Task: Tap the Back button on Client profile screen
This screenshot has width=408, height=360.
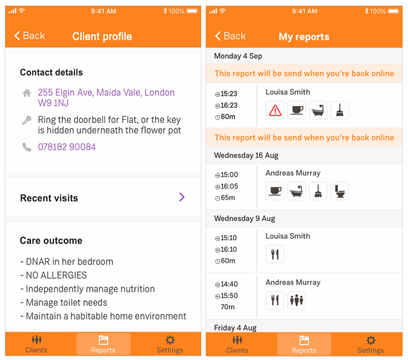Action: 29,35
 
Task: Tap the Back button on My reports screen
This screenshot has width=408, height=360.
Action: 230,36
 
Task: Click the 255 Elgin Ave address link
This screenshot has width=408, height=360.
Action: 106,98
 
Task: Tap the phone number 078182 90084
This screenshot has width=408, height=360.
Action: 67,147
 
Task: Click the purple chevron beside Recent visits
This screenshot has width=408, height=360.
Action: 182,197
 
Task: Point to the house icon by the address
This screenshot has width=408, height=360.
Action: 27,93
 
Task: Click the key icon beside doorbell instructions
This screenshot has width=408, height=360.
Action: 27,120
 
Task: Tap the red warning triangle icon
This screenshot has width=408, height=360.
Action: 275,110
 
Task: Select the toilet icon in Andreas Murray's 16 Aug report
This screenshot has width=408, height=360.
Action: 339,191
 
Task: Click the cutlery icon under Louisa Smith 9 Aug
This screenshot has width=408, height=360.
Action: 275,254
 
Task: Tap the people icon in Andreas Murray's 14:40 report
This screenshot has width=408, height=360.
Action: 296,300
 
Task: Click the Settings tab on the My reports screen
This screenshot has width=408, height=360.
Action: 371,344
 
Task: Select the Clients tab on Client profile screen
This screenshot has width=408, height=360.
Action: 36,344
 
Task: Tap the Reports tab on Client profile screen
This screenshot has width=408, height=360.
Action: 103,344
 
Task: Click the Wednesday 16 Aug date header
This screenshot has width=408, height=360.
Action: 246,156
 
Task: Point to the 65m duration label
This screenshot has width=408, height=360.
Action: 226,198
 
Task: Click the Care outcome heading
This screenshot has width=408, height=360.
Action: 51,241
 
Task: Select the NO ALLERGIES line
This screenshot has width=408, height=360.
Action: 54,275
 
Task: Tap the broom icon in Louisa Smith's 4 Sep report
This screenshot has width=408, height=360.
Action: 339,110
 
